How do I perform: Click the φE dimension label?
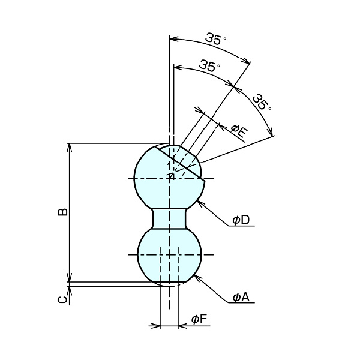(239, 130)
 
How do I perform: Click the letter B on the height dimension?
(62, 212)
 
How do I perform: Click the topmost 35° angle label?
(215, 40)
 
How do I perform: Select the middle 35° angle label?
(208, 66)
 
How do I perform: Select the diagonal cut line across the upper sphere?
(180, 162)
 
